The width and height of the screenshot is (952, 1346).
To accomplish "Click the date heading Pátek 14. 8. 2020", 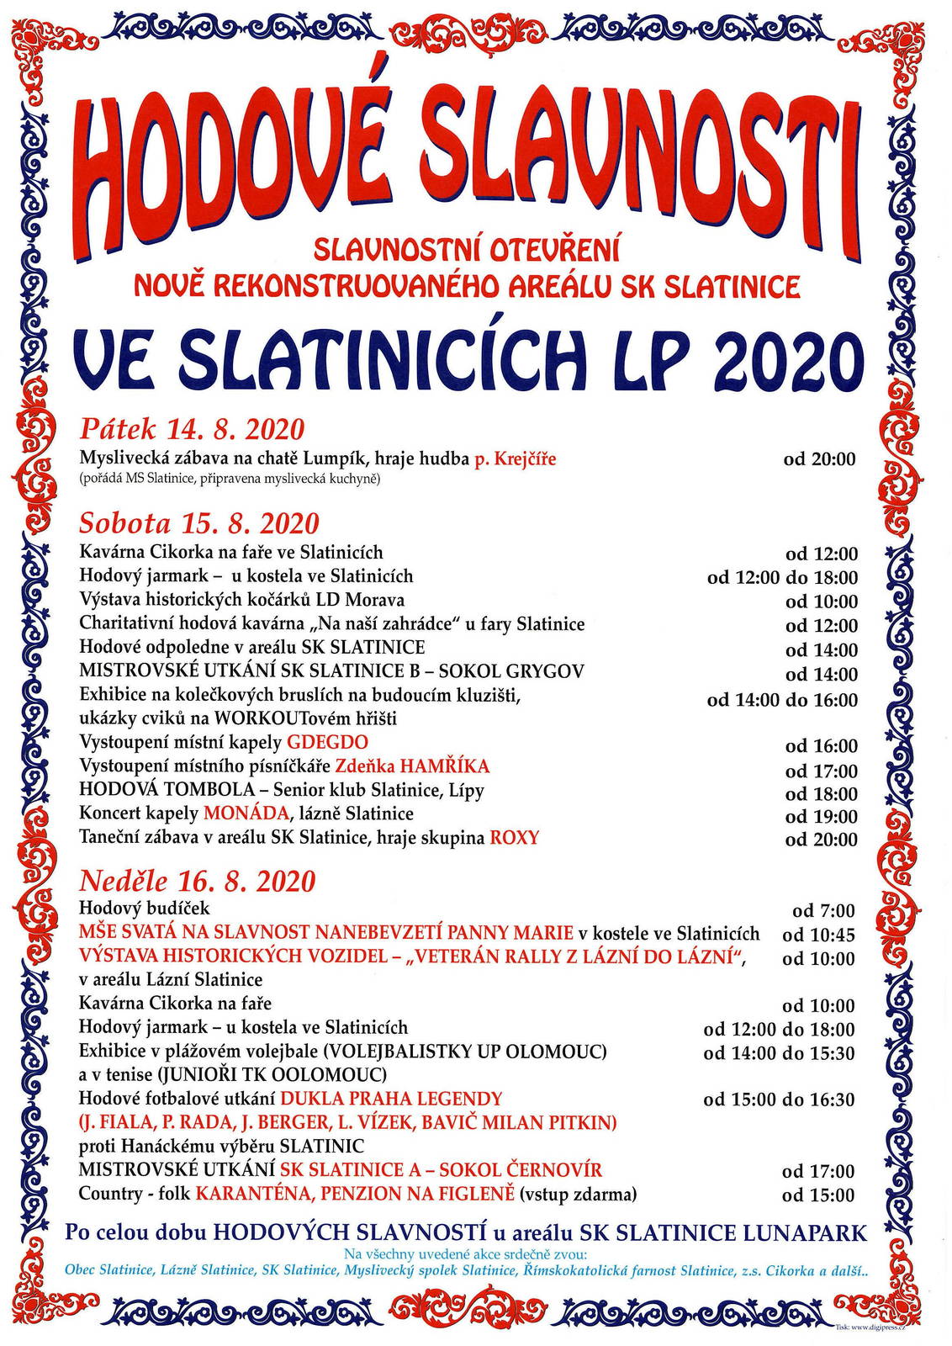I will point(192,429).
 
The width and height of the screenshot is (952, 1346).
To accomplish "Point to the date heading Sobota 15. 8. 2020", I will point(199,523).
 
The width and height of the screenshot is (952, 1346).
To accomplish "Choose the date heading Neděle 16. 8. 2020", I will point(197,881).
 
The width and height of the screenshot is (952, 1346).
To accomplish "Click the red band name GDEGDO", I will point(327,743).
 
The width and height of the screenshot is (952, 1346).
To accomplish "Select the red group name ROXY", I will point(514,838).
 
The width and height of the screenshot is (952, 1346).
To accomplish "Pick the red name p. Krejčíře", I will point(515,459).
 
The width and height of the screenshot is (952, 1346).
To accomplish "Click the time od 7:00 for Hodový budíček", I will point(823,911).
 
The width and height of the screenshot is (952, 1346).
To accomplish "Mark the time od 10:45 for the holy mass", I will point(818,935).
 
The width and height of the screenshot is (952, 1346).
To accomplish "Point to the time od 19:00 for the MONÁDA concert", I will point(821,816).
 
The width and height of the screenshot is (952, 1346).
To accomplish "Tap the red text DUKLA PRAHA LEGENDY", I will point(391,1099).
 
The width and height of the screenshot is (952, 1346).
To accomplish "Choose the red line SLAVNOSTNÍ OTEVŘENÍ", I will point(467,249).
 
